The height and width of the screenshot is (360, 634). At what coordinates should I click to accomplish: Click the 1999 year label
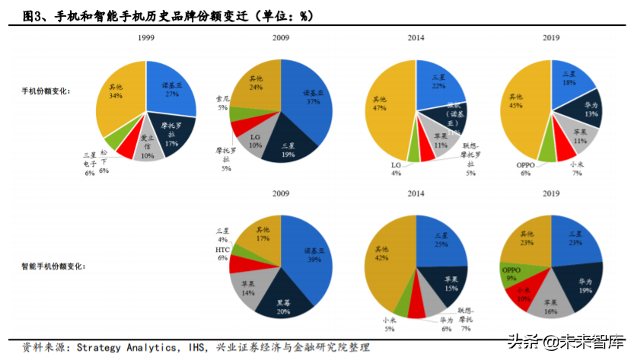[x=147, y=38]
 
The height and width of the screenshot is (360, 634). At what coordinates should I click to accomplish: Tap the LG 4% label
[x=397, y=168]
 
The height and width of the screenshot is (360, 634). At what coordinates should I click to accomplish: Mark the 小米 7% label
[x=575, y=168]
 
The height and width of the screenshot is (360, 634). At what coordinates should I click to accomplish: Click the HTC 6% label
[x=222, y=253]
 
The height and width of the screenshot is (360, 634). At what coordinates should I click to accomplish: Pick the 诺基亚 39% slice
[x=307, y=255]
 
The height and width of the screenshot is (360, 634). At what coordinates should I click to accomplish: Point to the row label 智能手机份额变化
[x=53, y=266]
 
